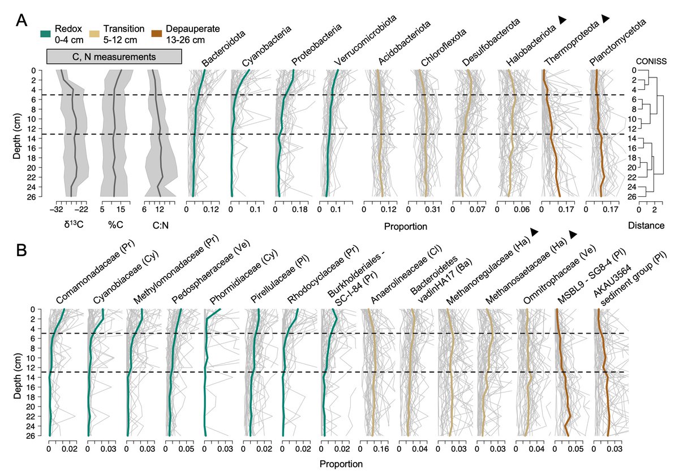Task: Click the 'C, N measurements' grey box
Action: (x=114, y=56)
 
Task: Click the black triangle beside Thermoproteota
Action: (x=605, y=19)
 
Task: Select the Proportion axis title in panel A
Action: (x=405, y=227)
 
